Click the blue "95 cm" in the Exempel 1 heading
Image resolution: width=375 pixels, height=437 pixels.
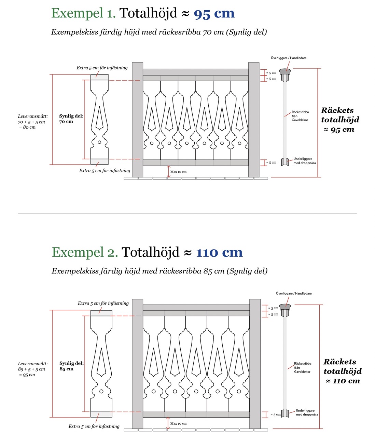click(214, 14)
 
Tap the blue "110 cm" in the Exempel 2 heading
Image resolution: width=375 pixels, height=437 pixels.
click(219, 253)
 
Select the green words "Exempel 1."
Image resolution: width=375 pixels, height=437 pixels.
click(83, 13)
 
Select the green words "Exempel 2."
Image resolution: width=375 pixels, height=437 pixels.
click(85, 252)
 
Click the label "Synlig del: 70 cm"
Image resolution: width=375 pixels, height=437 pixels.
click(71, 119)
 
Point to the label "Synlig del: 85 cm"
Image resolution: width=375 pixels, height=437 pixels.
click(71, 366)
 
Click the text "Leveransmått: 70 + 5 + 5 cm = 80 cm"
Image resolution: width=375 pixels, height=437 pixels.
click(32, 122)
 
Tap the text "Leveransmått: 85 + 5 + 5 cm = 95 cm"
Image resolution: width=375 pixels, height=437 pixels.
click(32, 369)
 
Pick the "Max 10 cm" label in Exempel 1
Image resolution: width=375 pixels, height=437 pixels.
click(178, 172)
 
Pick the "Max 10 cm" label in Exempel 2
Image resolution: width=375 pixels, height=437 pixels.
click(178, 423)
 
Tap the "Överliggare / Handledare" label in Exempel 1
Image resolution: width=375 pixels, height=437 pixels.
click(289, 58)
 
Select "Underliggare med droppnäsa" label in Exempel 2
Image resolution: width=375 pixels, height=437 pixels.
click(307, 412)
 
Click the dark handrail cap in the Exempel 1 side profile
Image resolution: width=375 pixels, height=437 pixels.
click(285, 72)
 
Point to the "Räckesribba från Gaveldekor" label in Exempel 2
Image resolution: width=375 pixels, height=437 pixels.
click(303, 368)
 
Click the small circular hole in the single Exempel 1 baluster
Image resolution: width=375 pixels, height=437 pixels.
click(99, 142)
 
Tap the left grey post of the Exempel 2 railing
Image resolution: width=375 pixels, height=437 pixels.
click(137, 364)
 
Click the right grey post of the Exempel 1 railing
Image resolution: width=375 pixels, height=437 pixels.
click(253, 119)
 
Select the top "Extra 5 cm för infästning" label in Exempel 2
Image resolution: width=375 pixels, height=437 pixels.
click(103, 303)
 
